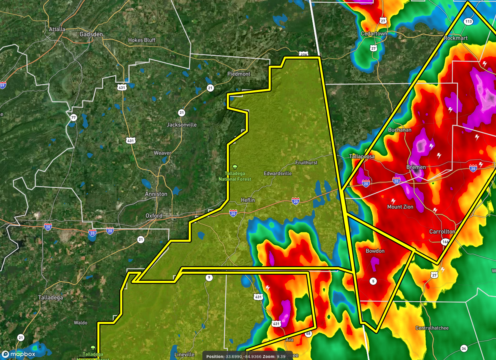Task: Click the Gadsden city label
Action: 91,34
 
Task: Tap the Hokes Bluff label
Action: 142,40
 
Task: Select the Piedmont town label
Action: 239,74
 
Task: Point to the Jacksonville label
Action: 182,125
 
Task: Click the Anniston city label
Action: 156,194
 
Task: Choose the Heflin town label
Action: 248,200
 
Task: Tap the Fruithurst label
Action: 306,163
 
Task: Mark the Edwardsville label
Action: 278,174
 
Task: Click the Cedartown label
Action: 374,34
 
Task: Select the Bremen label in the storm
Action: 416,167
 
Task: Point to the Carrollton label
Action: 442,232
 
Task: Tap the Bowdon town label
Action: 375,251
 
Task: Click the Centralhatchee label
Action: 432,328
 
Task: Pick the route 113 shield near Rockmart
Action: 468,21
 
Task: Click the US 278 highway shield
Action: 303,54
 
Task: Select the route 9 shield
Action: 208,278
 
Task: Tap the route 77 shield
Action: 73,118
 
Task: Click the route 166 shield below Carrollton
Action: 445,242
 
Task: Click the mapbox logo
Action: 19,354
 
